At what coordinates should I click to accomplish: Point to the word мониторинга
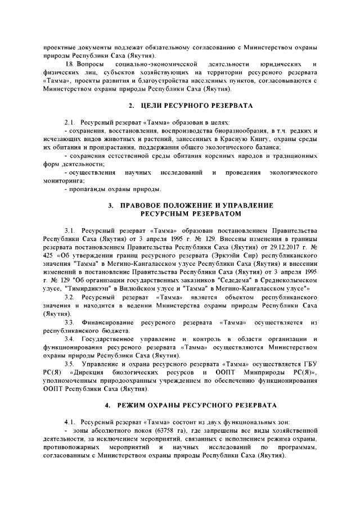tap(64, 180)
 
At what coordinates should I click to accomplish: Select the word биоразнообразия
tap(228, 130)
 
